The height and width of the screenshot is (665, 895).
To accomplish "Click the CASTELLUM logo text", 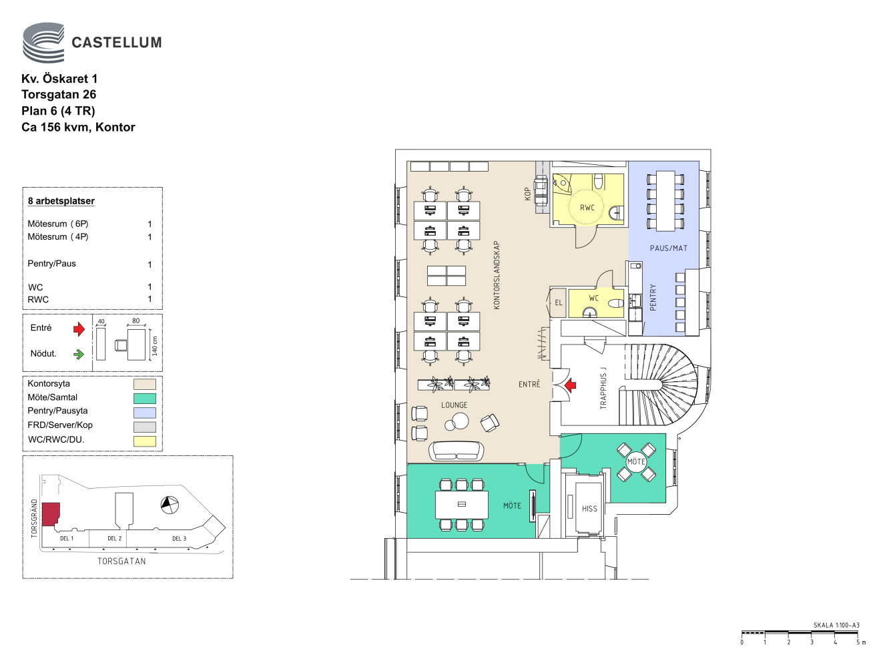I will [x=116, y=43].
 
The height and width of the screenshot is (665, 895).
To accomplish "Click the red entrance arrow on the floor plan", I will [x=570, y=385].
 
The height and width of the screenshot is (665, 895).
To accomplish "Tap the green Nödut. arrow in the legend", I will [x=79, y=354].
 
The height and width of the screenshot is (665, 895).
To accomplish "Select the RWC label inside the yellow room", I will [x=587, y=208].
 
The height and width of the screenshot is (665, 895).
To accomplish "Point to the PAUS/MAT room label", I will [x=668, y=248].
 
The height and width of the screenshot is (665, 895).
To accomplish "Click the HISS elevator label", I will [x=589, y=509].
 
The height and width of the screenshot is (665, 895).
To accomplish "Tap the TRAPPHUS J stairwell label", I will [x=603, y=388].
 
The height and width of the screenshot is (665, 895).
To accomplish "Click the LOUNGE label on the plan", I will [x=454, y=405].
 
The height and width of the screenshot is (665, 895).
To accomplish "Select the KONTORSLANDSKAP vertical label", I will [x=497, y=275].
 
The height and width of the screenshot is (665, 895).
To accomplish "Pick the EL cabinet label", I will [x=559, y=302].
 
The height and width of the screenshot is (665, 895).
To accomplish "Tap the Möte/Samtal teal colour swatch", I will [x=145, y=398].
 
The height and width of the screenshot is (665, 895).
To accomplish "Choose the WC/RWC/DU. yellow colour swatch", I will [x=145, y=441].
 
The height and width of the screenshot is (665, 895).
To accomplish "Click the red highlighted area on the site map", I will [x=51, y=513].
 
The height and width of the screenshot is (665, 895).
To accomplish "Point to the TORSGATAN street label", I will [x=121, y=562].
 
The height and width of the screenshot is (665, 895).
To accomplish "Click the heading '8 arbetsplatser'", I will [x=61, y=201].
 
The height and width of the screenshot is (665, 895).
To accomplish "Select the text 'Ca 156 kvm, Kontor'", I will [x=78, y=128].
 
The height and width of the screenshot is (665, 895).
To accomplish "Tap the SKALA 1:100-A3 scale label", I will [x=836, y=626].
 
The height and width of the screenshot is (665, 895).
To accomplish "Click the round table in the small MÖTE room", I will [x=636, y=461].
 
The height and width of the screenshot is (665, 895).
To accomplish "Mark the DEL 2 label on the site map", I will [x=115, y=538].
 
